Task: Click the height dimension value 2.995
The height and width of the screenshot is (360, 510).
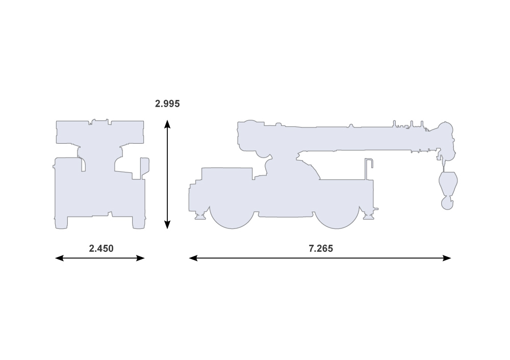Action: coord(167,104)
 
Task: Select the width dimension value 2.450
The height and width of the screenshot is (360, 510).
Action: coord(101,248)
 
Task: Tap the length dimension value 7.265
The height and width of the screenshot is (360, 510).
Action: coord(321,248)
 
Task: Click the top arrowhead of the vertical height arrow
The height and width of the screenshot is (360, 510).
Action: coord(167,124)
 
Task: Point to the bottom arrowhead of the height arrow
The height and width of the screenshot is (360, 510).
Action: coord(167,225)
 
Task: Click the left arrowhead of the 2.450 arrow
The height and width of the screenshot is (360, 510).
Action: coord(60,258)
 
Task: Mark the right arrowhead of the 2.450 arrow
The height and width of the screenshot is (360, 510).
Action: coord(140,258)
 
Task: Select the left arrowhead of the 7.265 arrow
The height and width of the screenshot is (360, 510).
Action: coord(193,258)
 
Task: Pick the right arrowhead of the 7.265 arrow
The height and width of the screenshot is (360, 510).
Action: coord(447,258)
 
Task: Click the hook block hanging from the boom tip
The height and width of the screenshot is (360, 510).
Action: coord(448,190)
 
